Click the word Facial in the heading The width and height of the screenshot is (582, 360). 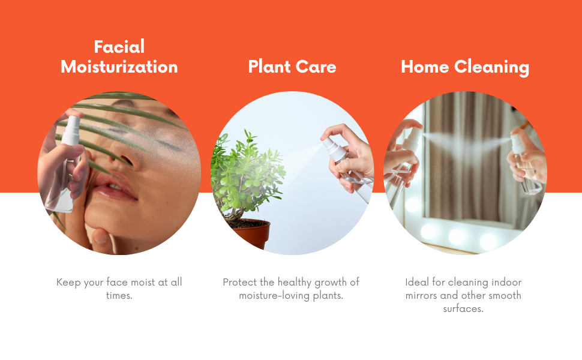[119, 47]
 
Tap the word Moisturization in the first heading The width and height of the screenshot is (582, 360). [119, 67]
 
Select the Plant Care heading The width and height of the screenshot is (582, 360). [292, 67]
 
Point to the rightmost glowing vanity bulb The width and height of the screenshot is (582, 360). [488, 241]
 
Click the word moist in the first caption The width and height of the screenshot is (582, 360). [143, 283]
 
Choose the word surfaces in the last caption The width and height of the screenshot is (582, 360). [463, 309]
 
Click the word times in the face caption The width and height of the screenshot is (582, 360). [119, 296]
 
